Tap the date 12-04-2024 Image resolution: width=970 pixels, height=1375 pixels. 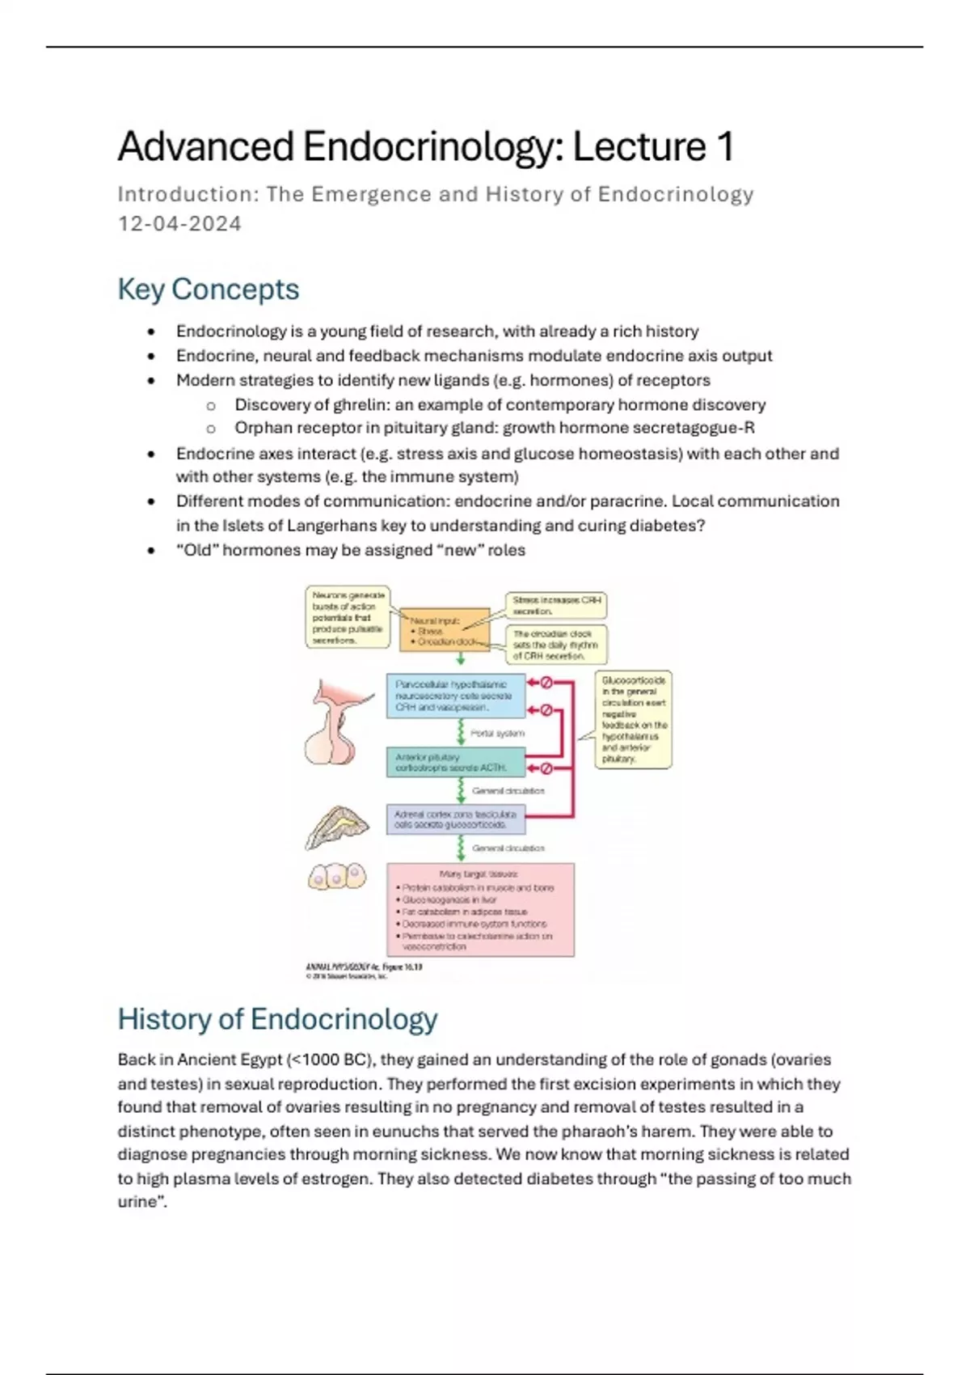pyautogui.click(x=179, y=224)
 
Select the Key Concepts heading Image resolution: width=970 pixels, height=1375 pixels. pyautogui.click(x=208, y=290)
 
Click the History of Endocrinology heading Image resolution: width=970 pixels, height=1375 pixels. pyautogui.click(x=277, y=1019)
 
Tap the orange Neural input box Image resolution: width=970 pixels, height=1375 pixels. pyautogui.click(x=445, y=630)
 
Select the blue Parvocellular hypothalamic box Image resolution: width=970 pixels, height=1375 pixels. pyautogui.click(x=456, y=696)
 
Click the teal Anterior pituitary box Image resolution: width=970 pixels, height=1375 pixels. pyautogui.click(x=456, y=762)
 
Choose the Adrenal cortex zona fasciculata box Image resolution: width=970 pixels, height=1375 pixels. pyautogui.click(x=456, y=819)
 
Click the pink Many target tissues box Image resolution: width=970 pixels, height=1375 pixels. pyautogui.click(x=480, y=910)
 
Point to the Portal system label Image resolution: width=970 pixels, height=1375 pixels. pyautogui.click(x=497, y=734)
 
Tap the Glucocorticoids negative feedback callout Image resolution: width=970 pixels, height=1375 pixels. pyautogui.click(x=634, y=719)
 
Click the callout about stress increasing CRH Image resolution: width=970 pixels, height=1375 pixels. pyautogui.click(x=556, y=605)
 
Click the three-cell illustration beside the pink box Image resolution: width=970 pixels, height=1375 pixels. pyautogui.click(x=336, y=877)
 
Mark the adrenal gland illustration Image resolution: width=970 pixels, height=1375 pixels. pyautogui.click(x=336, y=827)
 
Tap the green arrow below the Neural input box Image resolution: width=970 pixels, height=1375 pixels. pyautogui.click(x=461, y=659)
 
